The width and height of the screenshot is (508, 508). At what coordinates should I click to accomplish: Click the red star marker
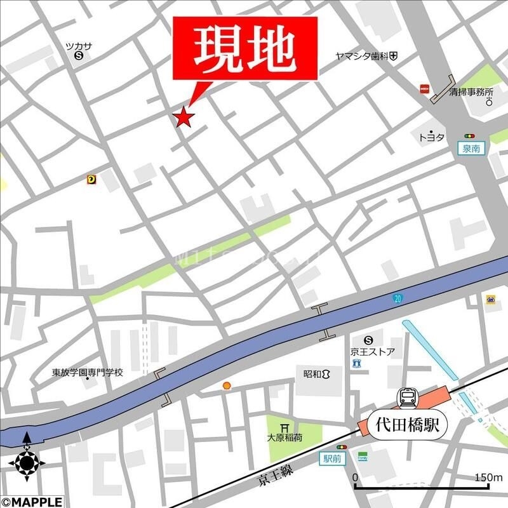click(184, 117)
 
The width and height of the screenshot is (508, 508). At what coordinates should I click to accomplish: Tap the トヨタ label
click(431, 137)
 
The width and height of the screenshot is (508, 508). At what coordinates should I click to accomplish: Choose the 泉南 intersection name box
click(471, 149)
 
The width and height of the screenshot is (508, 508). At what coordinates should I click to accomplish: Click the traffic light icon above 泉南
click(470, 136)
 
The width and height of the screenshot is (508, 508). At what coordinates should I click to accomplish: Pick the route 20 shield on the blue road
click(398, 298)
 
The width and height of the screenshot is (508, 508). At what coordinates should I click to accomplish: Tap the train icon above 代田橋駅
click(406, 398)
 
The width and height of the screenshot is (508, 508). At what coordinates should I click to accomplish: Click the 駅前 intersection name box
click(332, 458)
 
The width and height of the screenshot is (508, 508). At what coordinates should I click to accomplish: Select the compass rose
click(27, 460)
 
